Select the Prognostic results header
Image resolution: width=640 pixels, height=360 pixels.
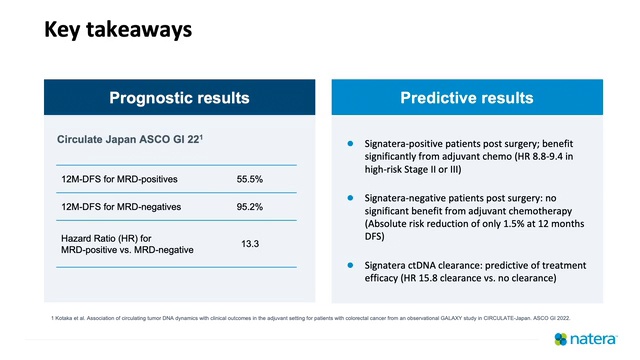(x=179, y=98)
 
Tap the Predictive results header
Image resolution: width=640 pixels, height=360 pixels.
(x=467, y=98)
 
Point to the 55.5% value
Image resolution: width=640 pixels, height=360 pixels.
(x=249, y=180)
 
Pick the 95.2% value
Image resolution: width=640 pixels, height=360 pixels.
(x=249, y=207)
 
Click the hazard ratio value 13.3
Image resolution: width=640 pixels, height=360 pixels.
(x=249, y=243)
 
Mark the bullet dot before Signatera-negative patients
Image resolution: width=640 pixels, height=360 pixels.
(x=350, y=198)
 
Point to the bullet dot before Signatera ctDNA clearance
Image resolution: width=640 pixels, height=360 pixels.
(x=350, y=264)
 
